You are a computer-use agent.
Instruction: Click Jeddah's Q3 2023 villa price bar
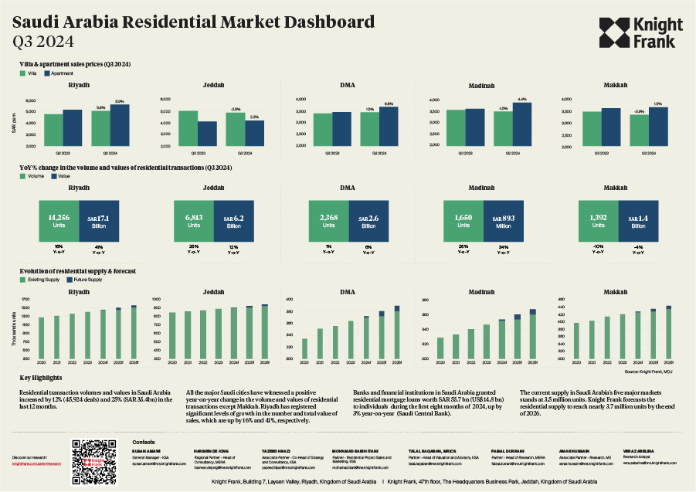point(187,128)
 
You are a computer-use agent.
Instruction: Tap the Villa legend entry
point(29,73)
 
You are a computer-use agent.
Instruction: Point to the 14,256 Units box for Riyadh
point(59,222)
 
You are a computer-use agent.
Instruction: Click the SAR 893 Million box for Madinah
point(503,222)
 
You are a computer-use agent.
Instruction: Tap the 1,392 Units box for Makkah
point(597,222)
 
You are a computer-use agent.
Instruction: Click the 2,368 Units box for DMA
point(328,222)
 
